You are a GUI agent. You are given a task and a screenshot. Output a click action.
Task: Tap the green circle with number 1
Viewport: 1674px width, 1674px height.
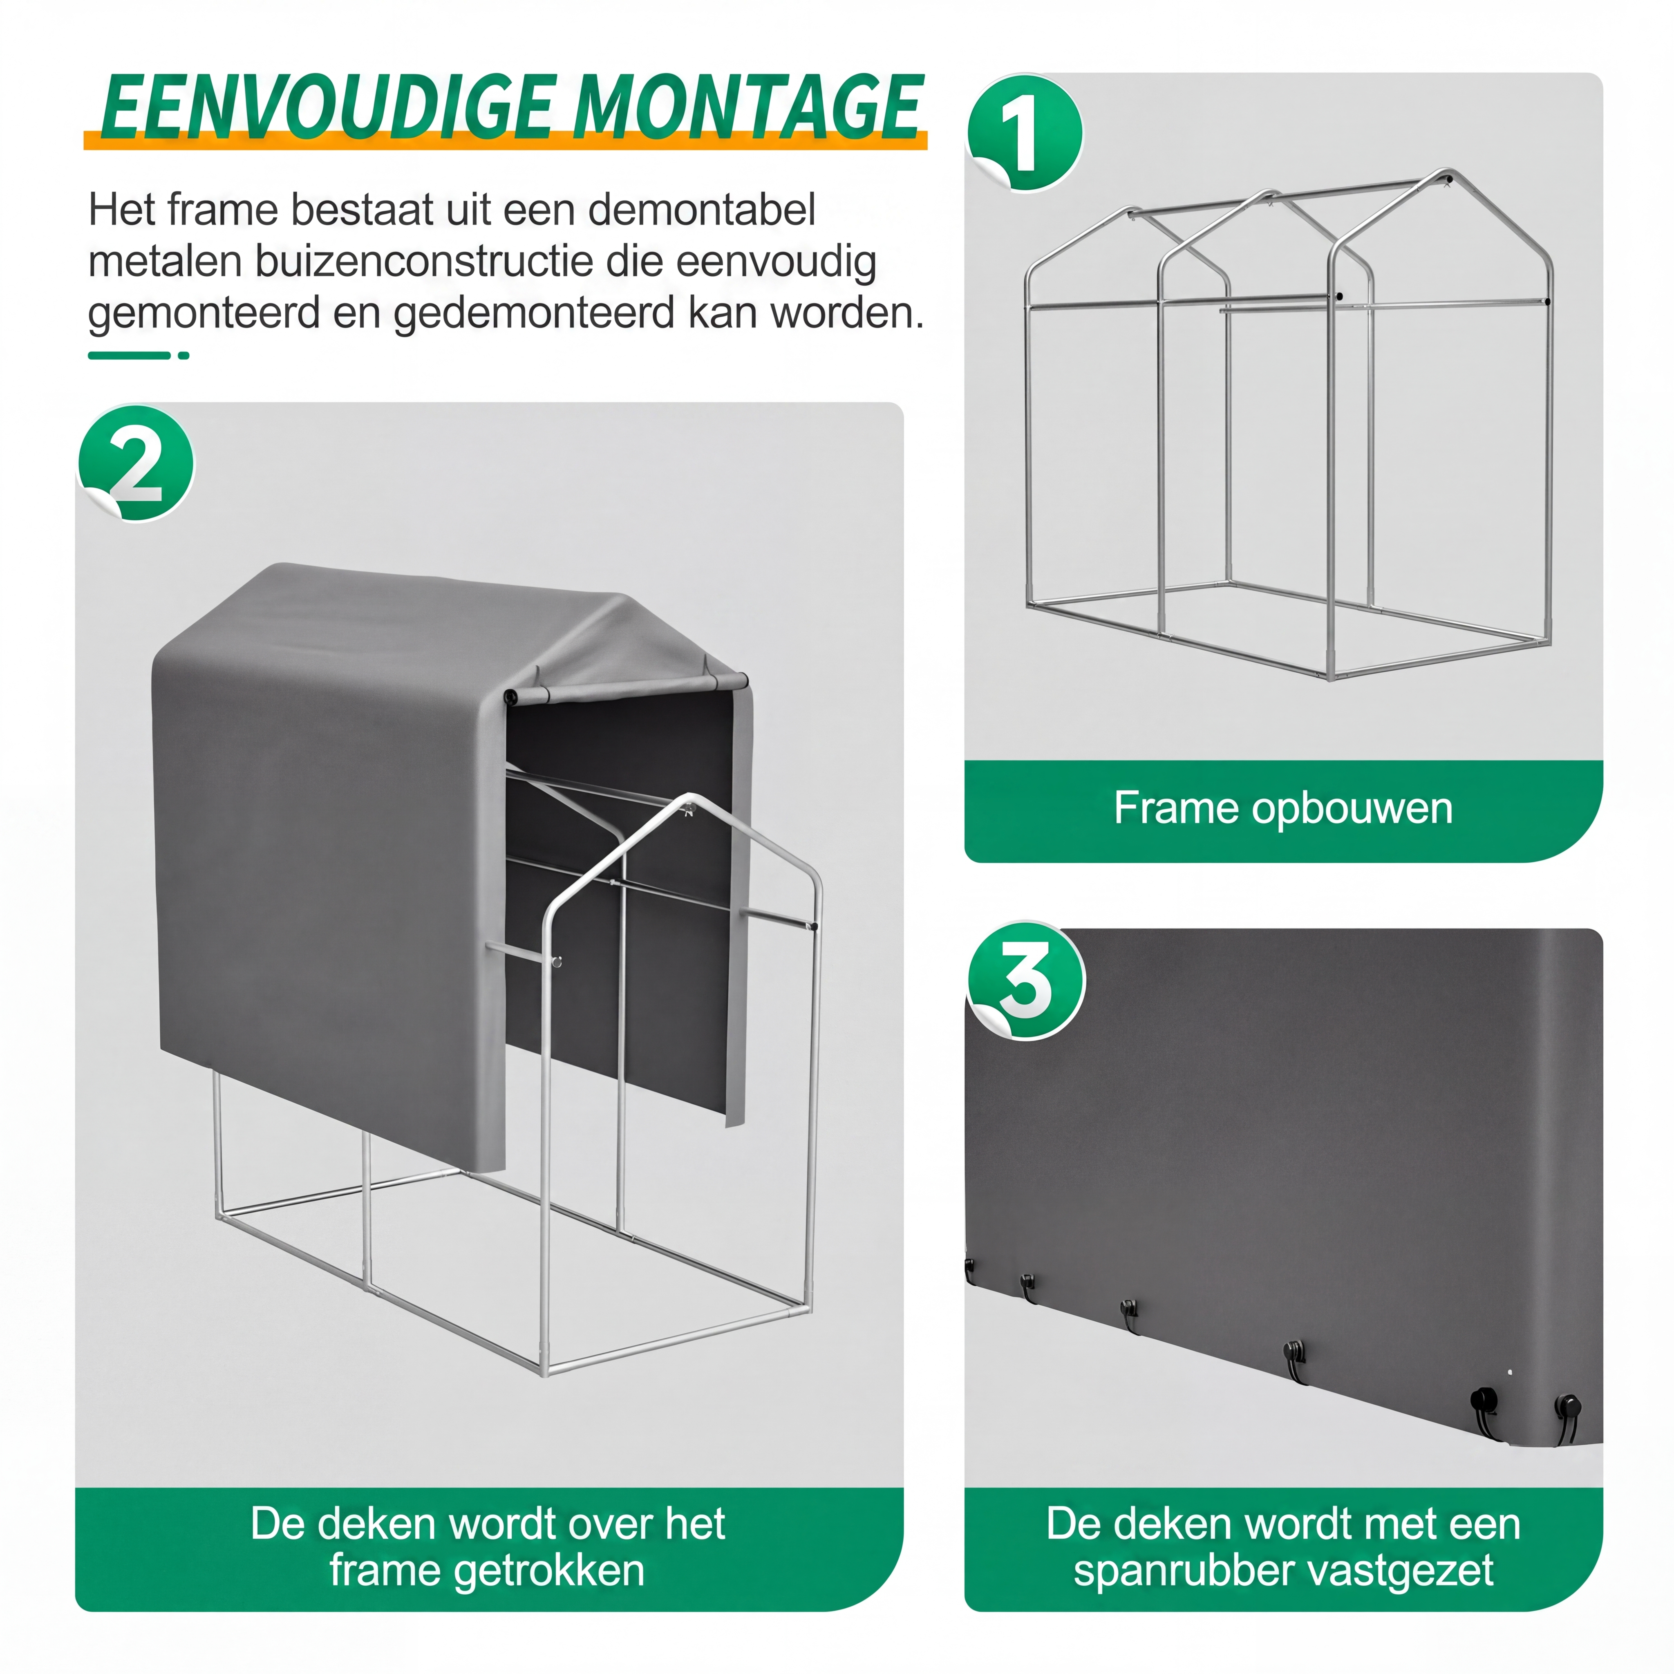coord(1025,132)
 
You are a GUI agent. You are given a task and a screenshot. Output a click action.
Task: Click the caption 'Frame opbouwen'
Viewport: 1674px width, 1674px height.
coord(1283,808)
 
